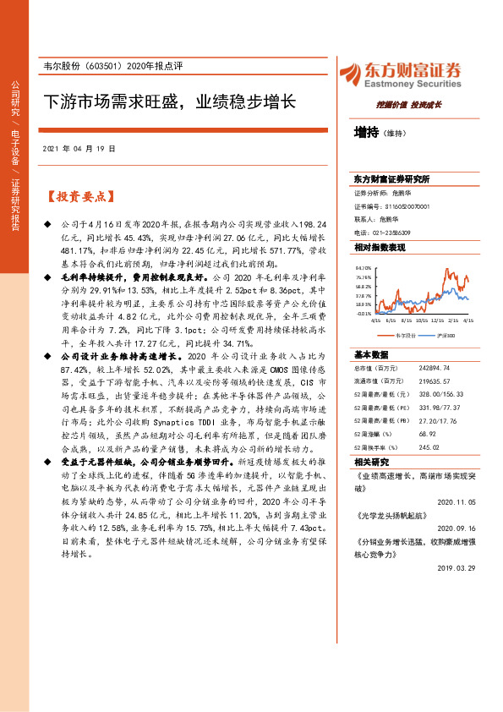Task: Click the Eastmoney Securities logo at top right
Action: pyautogui.click(x=400, y=74)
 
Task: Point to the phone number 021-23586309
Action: pyautogui.click(x=393, y=232)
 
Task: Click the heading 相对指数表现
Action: pyautogui.click(x=380, y=247)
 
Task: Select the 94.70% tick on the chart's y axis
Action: pyautogui.click(x=363, y=266)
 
